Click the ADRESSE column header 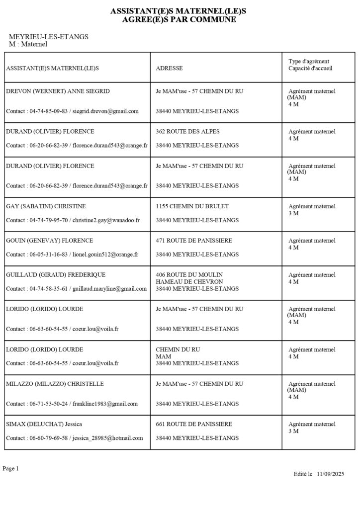[x=169, y=68]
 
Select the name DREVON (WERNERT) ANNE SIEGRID [x=58, y=91]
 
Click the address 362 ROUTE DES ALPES [x=187, y=132]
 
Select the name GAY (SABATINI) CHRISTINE [x=46, y=206]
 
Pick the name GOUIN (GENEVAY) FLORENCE [x=49, y=241]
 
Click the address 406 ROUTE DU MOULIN [x=189, y=275]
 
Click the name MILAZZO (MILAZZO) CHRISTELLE [x=51, y=384]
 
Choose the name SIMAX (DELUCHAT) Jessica [x=44, y=424]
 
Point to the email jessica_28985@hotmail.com [x=107, y=438]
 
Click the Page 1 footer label [x=10, y=469]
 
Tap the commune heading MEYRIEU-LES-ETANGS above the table [x=49, y=37]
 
